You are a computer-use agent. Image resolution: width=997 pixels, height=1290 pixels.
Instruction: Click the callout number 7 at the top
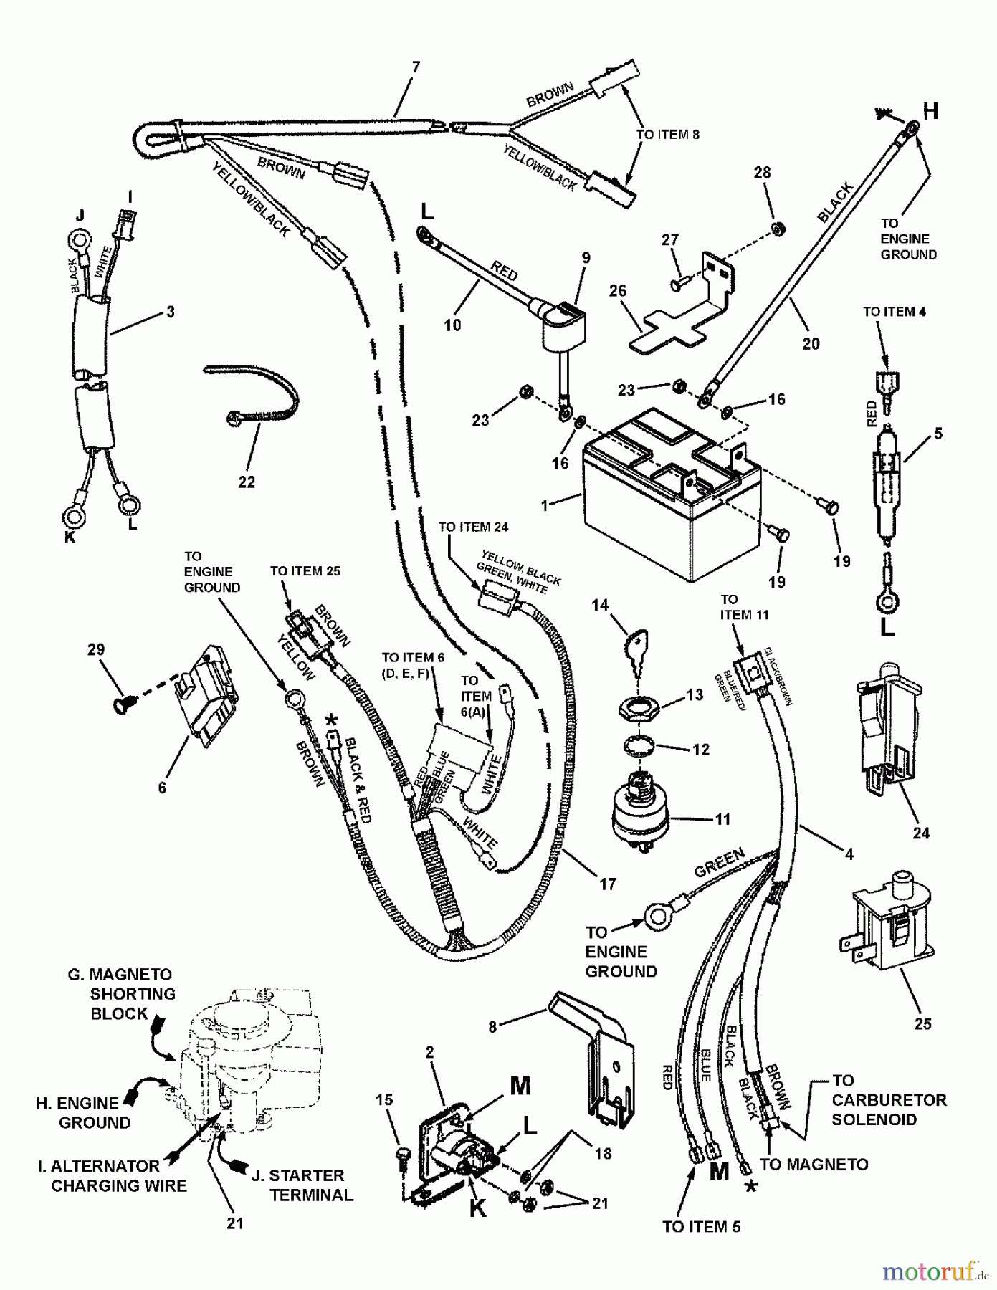pyautogui.click(x=416, y=68)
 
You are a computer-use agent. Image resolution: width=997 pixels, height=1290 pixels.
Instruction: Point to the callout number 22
pyautogui.click(x=246, y=482)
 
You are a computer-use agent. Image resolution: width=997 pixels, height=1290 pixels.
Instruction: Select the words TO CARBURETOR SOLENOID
pyautogui.click(x=888, y=1099)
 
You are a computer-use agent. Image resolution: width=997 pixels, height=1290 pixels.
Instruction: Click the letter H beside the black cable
pyautogui.click(x=930, y=111)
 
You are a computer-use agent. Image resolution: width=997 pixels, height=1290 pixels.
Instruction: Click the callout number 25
pyautogui.click(x=922, y=1023)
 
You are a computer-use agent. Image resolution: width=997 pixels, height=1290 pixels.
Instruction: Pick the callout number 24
pyautogui.click(x=921, y=833)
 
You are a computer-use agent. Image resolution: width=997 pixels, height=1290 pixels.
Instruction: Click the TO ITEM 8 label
pyautogui.click(x=667, y=135)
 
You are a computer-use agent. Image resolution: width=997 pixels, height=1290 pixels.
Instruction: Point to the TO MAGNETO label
pyautogui.click(x=814, y=1165)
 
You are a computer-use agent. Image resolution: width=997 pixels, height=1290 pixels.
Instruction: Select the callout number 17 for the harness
pyautogui.click(x=607, y=884)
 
